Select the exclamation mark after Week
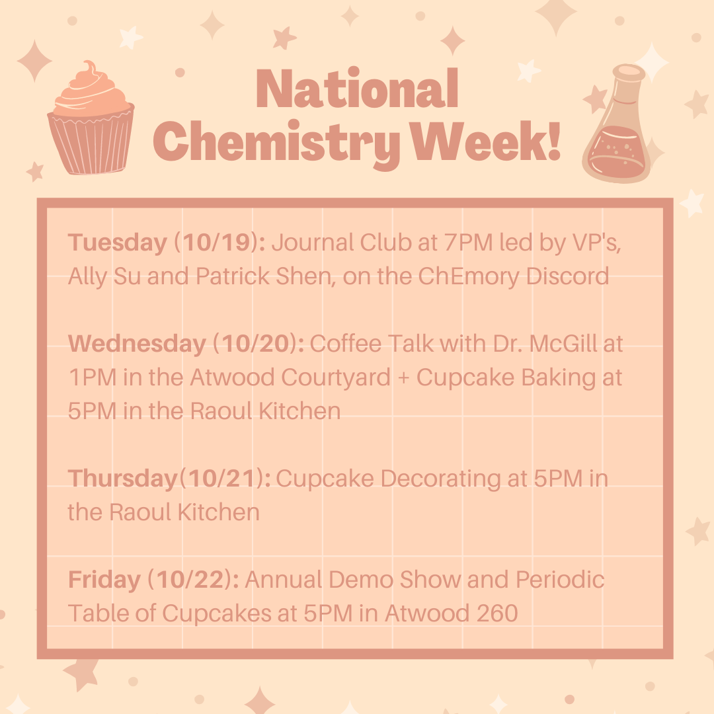tap(553, 140)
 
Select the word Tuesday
tap(117, 243)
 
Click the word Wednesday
tap(137, 344)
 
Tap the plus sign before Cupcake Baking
tap(403, 378)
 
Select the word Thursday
tap(122, 479)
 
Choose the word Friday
tap(104, 580)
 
